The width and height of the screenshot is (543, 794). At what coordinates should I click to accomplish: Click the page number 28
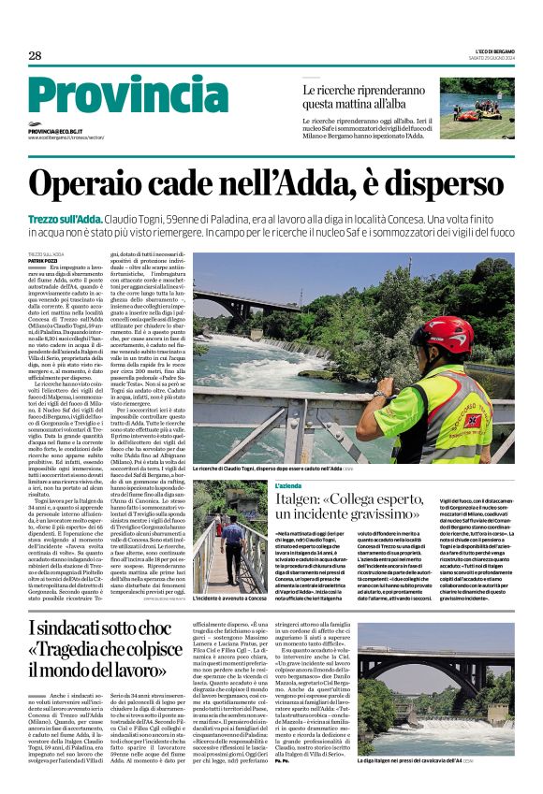pos(35,56)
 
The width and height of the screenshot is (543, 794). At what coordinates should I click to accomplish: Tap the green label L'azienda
pos(289,486)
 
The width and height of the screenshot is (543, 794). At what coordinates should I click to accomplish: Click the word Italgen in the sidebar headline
pos(304,507)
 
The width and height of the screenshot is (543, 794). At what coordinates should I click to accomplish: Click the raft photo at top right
pos(477,108)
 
